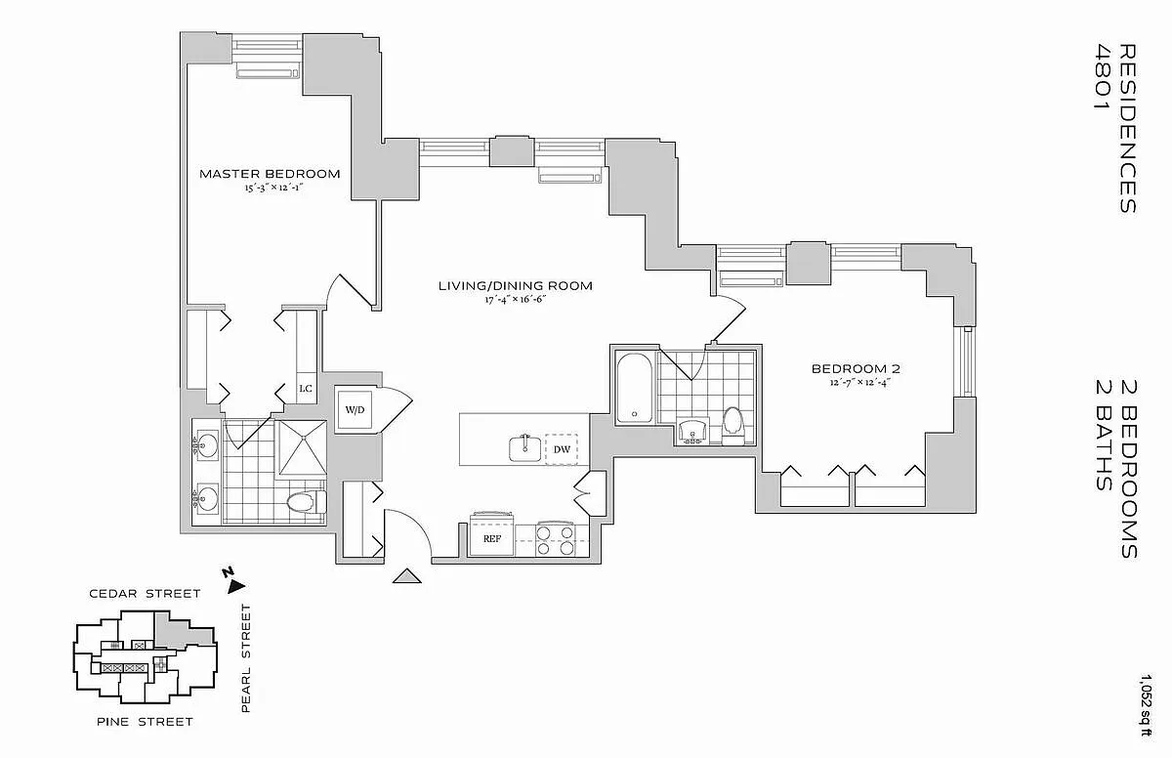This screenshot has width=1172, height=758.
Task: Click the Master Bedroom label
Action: click(270, 174)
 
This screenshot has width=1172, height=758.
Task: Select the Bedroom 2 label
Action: click(856, 369)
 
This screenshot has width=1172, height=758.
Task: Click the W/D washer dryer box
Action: click(353, 409)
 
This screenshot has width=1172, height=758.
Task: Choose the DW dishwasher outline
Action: click(562, 449)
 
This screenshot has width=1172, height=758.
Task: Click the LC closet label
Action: click(306, 389)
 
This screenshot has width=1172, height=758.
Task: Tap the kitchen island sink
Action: click(523, 448)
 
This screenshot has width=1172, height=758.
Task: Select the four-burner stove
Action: click(555, 540)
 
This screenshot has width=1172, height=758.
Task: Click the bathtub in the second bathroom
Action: click(635, 387)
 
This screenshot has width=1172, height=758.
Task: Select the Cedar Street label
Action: click(145, 593)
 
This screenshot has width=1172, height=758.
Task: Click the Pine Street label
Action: click(145, 722)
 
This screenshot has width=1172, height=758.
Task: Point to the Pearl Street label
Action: click(246, 658)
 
